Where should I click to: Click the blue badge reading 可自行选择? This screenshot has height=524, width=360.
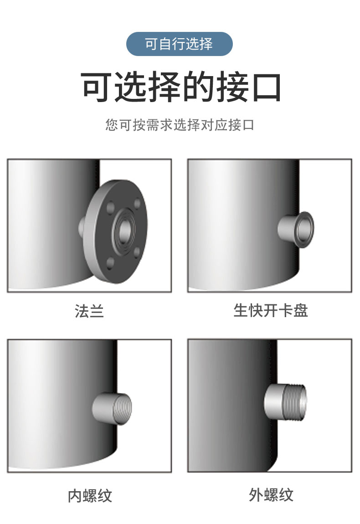179,44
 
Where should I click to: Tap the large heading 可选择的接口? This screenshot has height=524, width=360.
180,87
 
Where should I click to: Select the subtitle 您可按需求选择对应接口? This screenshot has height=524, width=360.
180,125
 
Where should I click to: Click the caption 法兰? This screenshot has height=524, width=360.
89,311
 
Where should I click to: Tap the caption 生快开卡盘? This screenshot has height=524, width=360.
270,310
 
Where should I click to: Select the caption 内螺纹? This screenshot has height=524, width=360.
90,495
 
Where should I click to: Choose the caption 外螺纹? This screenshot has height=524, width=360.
271,494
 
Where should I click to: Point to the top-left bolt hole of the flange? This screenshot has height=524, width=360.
111,207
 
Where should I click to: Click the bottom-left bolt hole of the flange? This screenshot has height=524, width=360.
110,264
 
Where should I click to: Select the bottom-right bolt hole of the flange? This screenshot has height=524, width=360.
137,252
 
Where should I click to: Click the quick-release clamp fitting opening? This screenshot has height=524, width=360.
305,230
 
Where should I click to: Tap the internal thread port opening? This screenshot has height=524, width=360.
123,408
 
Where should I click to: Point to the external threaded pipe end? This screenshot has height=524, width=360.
294,402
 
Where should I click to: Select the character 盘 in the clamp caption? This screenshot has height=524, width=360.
301,310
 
